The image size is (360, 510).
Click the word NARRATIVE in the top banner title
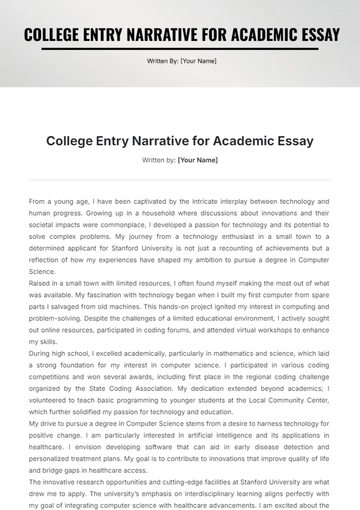click(x=189, y=35)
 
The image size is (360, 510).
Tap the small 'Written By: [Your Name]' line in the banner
click(x=180, y=60)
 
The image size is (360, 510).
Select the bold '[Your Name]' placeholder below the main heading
click(x=198, y=159)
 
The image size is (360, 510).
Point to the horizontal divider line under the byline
click(x=180, y=173)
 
